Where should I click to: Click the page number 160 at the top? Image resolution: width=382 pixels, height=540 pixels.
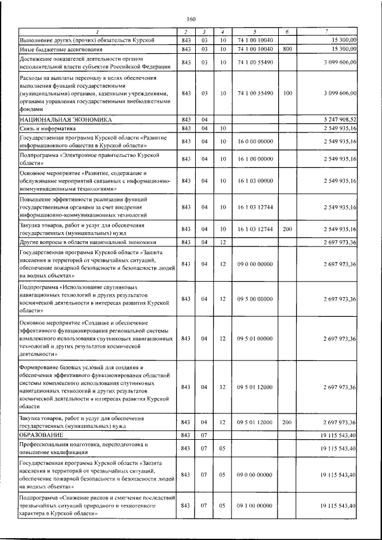point(191,18)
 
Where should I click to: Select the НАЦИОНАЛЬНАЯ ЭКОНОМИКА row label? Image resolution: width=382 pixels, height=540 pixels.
point(65,119)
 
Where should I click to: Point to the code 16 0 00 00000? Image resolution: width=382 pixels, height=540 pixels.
point(255,141)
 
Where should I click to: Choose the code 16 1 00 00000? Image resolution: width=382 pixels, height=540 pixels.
point(255,159)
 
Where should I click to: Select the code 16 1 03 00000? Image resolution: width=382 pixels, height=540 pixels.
point(255,180)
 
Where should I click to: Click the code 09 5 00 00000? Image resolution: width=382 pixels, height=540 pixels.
point(255,298)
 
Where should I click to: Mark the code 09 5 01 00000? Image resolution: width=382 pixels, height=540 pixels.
point(255,338)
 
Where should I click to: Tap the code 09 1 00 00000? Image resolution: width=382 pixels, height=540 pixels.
point(255,506)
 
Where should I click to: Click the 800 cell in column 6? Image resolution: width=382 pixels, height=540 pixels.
point(287,49)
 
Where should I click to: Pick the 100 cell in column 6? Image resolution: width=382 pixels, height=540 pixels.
point(287,94)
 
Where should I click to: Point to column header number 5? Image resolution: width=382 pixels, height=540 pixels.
point(255,31)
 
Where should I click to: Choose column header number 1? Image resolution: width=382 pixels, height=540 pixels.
point(98,31)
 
